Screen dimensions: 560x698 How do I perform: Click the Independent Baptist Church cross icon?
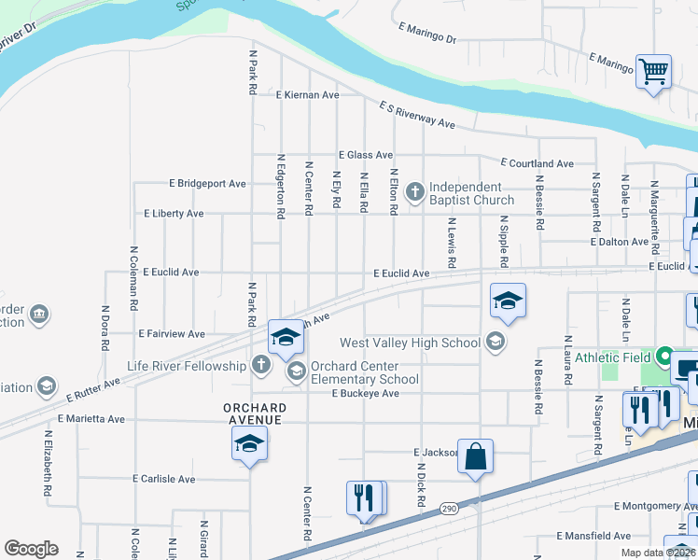414,193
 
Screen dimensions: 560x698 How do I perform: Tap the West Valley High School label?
411,343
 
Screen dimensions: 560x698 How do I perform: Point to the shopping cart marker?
653,71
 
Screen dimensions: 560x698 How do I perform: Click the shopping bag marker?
475,457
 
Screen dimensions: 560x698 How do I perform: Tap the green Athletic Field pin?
664,357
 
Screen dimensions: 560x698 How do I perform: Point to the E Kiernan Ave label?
307,95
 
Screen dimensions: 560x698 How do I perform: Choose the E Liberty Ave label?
174,214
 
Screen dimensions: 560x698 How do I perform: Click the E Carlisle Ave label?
165,479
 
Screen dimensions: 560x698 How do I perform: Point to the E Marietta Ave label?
91,419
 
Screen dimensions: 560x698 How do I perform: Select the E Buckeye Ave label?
366,394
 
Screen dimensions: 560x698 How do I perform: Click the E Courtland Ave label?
537,163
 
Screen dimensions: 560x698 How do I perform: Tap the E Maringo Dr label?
426,35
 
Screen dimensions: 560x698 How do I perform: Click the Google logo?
31,549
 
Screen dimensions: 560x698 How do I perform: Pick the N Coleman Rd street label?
134,278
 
